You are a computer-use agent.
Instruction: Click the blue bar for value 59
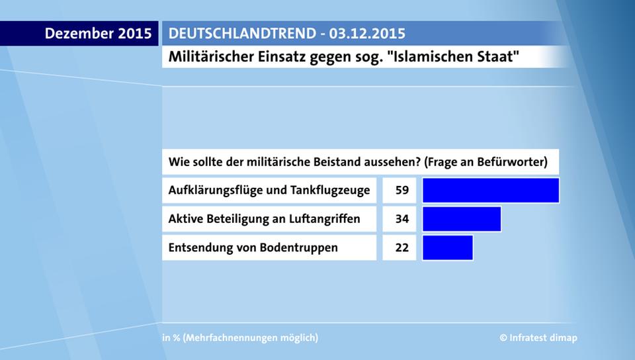coord(491,191)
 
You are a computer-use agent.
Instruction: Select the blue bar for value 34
coord(462,219)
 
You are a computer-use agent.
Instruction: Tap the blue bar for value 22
coord(448,247)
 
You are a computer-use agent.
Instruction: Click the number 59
coord(402,191)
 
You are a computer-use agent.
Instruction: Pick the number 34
coord(402,219)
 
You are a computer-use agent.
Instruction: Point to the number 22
coord(402,247)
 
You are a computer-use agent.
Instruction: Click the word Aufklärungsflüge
coord(216,191)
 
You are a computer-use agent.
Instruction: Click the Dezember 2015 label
coord(98,34)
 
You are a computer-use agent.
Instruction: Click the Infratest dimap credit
coord(538,337)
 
